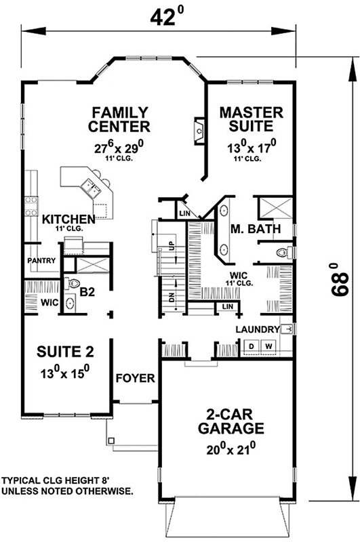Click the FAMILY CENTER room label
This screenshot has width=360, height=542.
(119, 119)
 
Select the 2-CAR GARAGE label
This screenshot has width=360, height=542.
(230, 421)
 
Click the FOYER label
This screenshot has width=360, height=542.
(135, 378)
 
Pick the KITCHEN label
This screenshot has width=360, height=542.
(68, 220)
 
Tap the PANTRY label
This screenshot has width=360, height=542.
(40, 260)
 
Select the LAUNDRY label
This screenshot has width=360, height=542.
(257, 330)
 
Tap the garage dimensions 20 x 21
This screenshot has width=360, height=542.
(230, 448)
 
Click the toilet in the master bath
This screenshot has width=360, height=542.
(285, 253)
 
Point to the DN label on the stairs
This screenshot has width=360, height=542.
(173, 297)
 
